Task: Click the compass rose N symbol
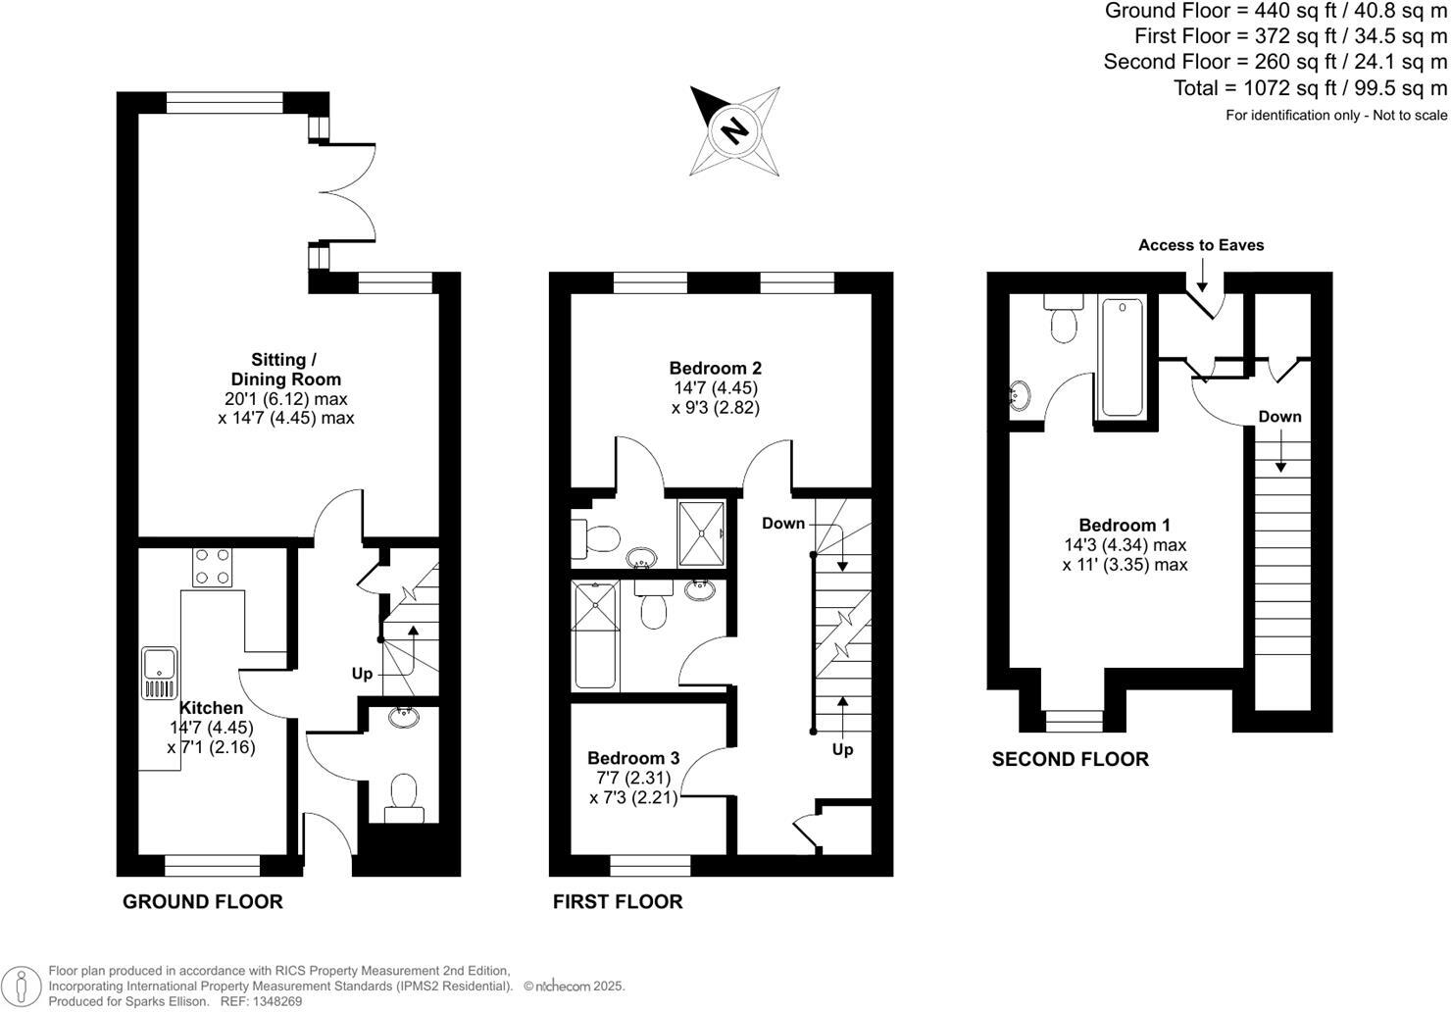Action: (x=734, y=129)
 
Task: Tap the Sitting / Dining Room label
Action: (x=285, y=370)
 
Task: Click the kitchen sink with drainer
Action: (x=159, y=672)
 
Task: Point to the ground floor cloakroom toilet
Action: (x=403, y=795)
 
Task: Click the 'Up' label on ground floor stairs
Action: (x=363, y=675)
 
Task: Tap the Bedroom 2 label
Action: (x=716, y=369)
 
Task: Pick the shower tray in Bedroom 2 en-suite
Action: (x=703, y=532)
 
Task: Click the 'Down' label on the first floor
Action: (x=783, y=524)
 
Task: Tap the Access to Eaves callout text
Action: (x=1201, y=245)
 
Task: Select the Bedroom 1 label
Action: (x=1125, y=526)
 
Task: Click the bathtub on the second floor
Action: (x=1122, y=357)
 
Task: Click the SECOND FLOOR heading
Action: (x=1071, y=759)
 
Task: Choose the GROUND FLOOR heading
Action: (x=203, y=902)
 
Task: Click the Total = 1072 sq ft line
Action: (x=1310, y=88)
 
